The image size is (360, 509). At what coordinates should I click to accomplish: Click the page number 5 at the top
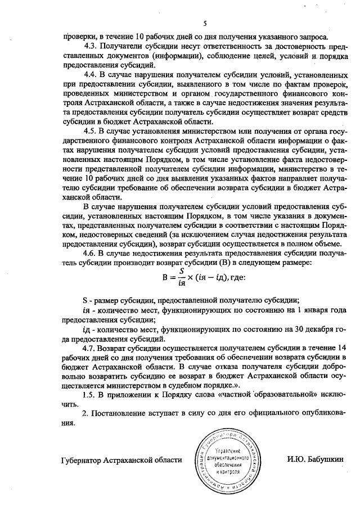click(205, 23)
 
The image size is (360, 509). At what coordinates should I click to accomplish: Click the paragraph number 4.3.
click(89, 46)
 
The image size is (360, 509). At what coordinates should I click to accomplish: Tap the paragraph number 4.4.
click(89, 74)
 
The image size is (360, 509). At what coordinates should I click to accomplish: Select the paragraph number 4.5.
click(89, 131)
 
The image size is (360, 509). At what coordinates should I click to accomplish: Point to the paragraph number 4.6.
click(89, 254)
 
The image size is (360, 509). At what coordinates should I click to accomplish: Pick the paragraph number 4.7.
click(89, 347)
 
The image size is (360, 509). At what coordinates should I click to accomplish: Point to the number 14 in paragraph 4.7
click(342, 347)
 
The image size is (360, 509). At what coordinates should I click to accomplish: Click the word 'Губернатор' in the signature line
click(83, 460)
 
